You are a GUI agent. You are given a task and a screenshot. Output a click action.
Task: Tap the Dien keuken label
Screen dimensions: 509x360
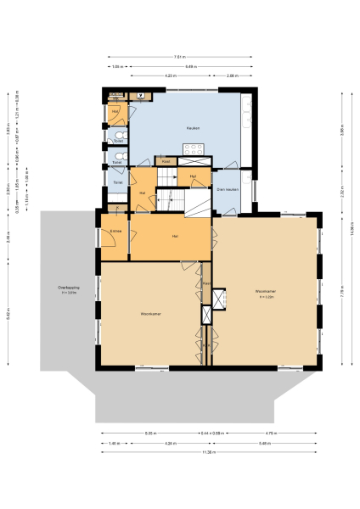click(x=226, y=188)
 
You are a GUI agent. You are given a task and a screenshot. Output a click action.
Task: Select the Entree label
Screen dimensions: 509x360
click(x=115, y=230)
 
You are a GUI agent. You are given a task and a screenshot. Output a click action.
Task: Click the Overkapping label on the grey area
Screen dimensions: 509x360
click(x=68, y=290)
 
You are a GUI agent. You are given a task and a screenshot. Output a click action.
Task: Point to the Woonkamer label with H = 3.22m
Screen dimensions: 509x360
click(x=267, y=294)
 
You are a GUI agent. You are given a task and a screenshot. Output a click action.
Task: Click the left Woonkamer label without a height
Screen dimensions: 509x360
click(x=152, y=314)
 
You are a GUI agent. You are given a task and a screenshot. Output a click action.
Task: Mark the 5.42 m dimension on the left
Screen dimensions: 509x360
click(x=9, y=312)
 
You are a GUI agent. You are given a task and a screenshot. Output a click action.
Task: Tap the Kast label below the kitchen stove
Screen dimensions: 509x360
click(x=166, y=160)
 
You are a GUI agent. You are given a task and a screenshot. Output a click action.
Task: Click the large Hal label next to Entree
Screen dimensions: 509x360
click(x=174, y=236)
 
